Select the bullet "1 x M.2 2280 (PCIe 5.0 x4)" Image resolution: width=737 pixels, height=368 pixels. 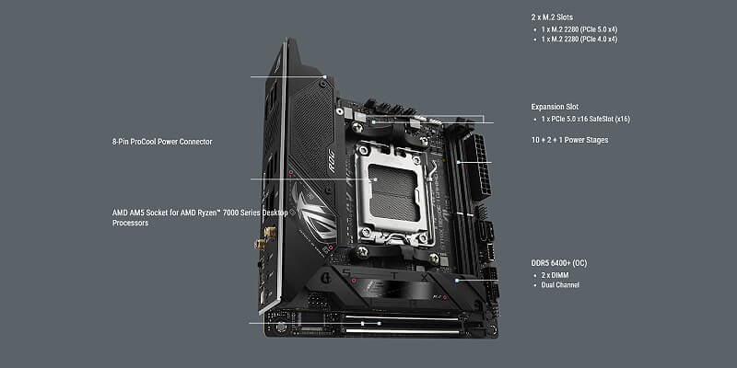(579, 29)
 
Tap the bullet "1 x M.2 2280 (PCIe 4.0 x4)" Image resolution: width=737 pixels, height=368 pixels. (579, 40)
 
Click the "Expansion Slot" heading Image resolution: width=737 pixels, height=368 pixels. (555, 107)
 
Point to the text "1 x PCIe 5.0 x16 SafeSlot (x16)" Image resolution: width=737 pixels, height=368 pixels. (585, 120)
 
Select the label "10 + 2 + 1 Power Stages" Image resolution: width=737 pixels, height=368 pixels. (569, 140)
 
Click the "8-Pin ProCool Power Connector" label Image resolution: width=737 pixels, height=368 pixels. (162, 142)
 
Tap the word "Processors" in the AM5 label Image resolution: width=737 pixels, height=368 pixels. (130, 223)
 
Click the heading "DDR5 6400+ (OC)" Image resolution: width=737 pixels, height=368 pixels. (559, 263)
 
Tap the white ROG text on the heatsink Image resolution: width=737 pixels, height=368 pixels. (332, 160)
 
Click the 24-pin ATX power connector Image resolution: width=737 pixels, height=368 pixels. (479, 167)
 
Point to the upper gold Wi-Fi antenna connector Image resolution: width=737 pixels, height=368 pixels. (270, 232)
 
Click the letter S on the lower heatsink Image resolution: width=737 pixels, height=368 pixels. (347, 272)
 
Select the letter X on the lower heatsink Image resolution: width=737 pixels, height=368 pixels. (424, 278)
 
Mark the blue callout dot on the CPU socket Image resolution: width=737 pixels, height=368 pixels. (375, 179)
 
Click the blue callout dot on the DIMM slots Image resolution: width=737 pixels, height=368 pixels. (459, 163)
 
